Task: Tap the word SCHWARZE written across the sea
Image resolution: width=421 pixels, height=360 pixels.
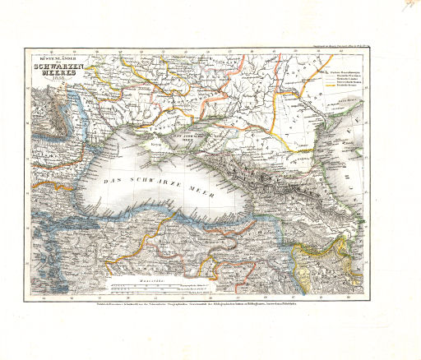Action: (x=155, y=183)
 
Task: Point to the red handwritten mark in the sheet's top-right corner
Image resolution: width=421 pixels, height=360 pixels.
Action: (x=405, y=7)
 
